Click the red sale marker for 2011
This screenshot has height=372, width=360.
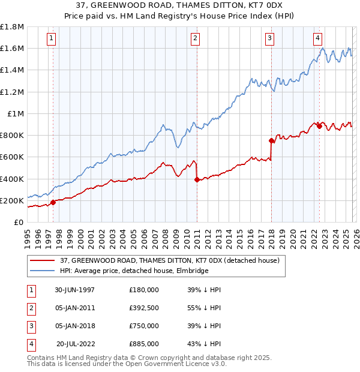[x=197, y=179]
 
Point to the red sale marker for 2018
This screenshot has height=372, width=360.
[x=271, y=140]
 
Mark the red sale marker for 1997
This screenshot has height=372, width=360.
[x=53, y=202]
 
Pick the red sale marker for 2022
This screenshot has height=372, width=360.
[x=319, y=126]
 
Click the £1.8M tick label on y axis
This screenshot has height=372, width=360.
[x=12, y=27]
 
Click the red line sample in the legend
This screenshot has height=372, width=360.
[x=42, y=260]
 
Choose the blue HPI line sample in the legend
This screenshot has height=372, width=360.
[x=42, y=271]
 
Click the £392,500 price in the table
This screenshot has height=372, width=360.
[x=144, y=308]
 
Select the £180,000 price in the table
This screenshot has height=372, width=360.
[x=144, y=290]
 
